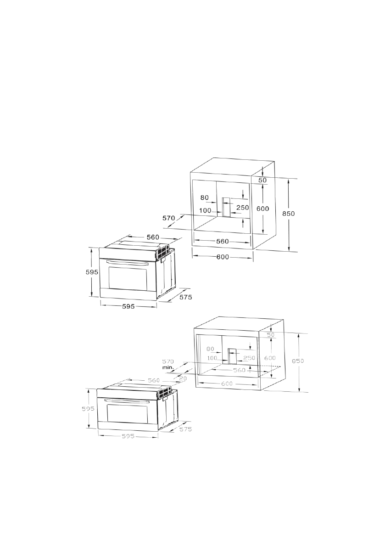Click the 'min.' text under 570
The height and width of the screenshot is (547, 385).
(168, 368)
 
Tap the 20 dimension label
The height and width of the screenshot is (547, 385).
(183, 378)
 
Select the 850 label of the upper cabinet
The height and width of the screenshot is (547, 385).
(289, 214)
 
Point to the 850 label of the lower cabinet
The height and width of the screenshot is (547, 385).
(298, 361)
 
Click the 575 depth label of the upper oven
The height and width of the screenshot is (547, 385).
(186, 297)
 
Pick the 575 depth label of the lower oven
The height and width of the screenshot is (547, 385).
(185, 429)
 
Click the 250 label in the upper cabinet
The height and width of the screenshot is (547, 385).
(243, 208)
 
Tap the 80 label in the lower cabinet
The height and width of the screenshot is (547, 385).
(210, 349)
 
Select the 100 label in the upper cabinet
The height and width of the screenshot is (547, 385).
(205, 210)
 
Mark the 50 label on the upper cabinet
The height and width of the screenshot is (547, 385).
(262, 180)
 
